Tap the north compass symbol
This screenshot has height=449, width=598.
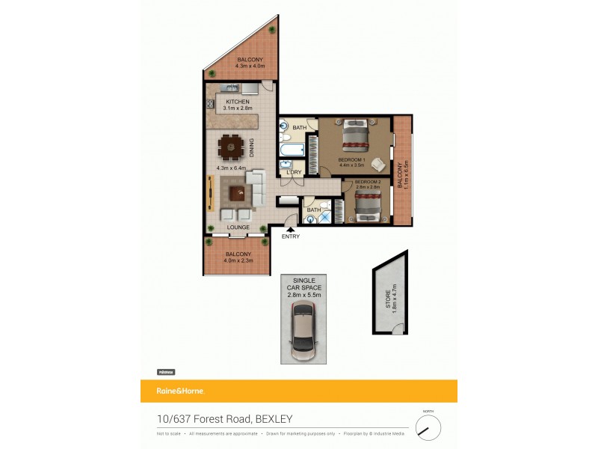(428, 427)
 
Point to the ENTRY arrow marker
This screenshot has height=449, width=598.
(290, 229)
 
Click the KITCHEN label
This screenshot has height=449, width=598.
(238, 101)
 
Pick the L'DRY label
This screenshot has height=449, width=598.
(294, 173)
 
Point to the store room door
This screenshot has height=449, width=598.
(400, 327)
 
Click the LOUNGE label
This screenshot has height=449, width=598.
(238, 227)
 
